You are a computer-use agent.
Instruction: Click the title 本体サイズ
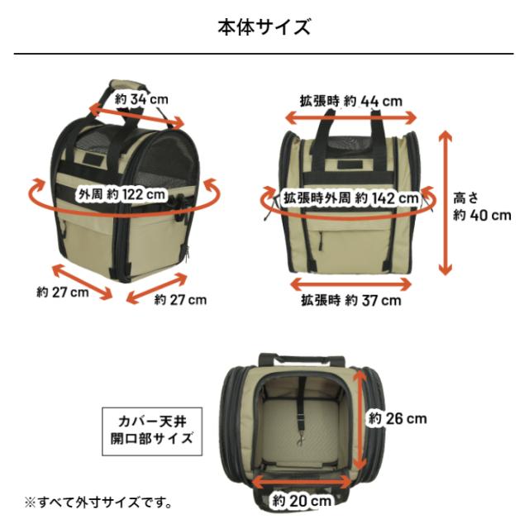point(264,27)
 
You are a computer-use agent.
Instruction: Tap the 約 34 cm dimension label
point(141,99)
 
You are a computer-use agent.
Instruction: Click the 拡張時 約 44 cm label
point(350,101)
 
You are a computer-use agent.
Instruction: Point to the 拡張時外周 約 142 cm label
point(350,198)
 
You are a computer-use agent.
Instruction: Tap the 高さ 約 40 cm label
point(481,207)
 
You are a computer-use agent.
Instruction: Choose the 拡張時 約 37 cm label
point(350,300)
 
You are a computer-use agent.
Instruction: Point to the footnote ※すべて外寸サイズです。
point(98,502)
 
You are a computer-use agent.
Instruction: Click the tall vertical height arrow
point(446,203)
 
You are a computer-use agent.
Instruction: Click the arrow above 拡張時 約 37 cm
point(350,283)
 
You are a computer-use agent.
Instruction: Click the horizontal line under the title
point(264,55)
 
